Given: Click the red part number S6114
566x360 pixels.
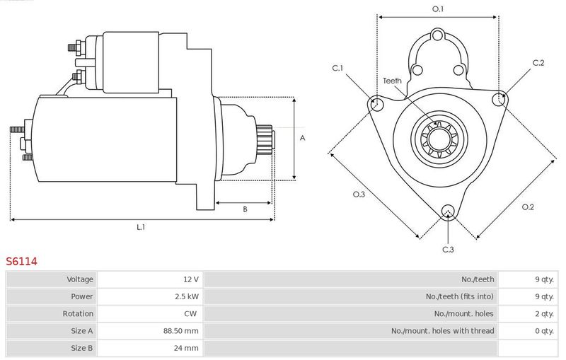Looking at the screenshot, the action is point(21,261).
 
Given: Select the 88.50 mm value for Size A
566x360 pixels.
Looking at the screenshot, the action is point(181,331).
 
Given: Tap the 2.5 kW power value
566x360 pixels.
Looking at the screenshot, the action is point(187,296).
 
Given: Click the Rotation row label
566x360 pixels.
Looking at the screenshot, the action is point(78,313).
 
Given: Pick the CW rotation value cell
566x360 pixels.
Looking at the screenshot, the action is point(190,313).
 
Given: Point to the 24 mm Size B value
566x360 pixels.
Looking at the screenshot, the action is point(186,348).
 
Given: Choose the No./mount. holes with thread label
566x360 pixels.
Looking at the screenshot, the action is point(443,331).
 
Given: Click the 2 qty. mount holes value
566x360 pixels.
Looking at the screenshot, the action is point(544,314).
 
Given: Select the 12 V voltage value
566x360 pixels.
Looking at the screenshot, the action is point(191,279).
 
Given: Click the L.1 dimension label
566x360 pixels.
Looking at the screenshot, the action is point(141,227).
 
